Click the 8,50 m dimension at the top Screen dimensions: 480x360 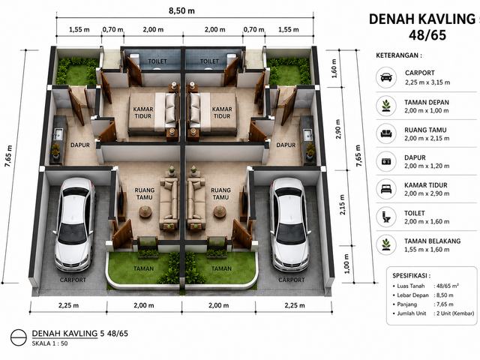(181, 10)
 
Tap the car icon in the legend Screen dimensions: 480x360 (386, 77)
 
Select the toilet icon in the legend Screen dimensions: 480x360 (386, 217)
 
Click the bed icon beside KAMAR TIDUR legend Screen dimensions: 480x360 (386, 189)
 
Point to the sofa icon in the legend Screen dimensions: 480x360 (386, 133)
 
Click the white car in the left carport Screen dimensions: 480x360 (73, 225)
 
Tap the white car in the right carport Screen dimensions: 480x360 (289, 225)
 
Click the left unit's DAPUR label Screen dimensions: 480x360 (80, 145)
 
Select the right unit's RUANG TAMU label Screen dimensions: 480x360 (220, 193)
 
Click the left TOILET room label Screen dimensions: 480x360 (157, 61)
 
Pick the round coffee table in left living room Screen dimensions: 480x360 (145, 211)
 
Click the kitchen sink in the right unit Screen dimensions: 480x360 (307, 134)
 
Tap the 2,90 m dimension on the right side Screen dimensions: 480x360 (338, 128)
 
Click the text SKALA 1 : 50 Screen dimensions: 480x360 (49, 343)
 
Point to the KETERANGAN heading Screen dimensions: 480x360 (399, 55)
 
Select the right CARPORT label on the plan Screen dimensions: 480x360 (292, 280)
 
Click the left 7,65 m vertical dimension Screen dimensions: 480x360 (8, 156)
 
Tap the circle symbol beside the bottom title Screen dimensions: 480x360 (19, 337)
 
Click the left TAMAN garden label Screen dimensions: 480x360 (143, 268)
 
